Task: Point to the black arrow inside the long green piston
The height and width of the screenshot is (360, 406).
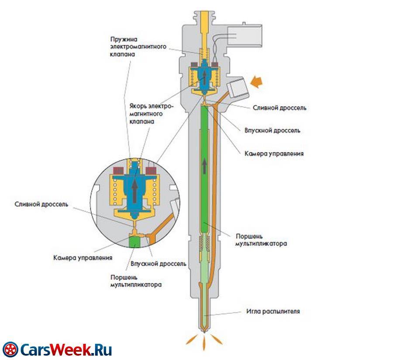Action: tap(204, 166)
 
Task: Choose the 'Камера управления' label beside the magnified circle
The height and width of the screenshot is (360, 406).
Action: tap(83, 258)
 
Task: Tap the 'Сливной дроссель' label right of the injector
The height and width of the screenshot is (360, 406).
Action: tap(279, 107)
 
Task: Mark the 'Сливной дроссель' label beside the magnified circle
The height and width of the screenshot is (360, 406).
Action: tap(41, 204)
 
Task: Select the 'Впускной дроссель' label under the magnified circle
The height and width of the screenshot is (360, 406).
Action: tap(159, 264)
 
